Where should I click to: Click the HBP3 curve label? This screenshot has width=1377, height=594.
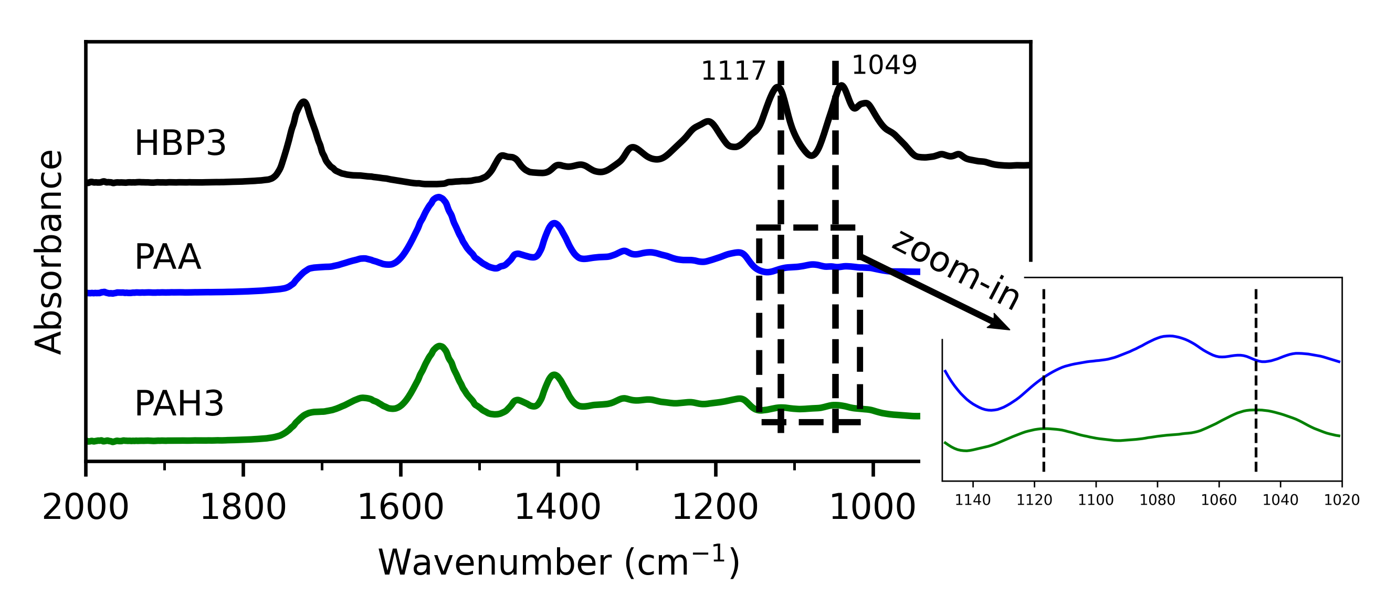tap(180, 144)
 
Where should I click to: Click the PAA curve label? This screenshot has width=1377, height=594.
tap(167, 257)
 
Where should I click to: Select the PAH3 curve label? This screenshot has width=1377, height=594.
tap(179, 404)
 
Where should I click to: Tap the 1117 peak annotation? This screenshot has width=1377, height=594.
tap(733, 71)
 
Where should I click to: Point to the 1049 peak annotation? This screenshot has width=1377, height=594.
tap(884, 65)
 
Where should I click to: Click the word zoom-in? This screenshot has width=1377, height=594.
tap(956, 270)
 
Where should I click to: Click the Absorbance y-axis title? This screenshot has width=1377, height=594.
tap(49, 251)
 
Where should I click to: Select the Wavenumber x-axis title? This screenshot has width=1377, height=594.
tap(559, 562)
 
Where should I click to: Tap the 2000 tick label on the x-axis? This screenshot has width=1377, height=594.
tap(86, 507)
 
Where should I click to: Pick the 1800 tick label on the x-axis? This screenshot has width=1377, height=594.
tap(243, 507)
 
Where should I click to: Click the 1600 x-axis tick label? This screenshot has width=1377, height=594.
tap(401, 507)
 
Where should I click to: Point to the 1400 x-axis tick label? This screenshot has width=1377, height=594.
tap(558, 507)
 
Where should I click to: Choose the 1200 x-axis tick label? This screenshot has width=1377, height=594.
tap(714, 507)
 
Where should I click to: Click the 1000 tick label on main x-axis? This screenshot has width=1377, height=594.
tap(873, 507)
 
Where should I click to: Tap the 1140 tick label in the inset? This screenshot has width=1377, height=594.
tap(972, 500)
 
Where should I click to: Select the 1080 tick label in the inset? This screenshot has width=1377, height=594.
tap(1158, 500)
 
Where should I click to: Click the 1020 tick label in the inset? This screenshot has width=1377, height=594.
tap(1342, 500)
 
